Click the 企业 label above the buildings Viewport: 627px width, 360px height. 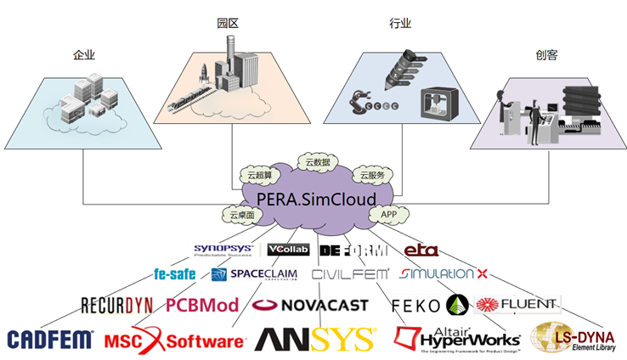83,55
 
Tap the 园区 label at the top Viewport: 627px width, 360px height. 226,24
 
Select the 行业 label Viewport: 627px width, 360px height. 400,24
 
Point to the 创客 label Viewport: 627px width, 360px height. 546,55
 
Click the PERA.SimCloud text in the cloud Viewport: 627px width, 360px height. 316,198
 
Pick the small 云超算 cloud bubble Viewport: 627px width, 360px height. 259,175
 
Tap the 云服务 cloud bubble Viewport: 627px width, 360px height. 372,175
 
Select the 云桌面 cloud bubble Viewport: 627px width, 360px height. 241,216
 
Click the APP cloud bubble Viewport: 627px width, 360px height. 389,216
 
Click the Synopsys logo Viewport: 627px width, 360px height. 223,250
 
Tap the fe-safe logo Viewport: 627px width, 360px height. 174,274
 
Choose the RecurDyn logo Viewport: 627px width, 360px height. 116,305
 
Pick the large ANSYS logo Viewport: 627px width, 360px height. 314,340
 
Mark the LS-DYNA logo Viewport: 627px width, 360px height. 575,337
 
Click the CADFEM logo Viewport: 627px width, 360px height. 50,340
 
